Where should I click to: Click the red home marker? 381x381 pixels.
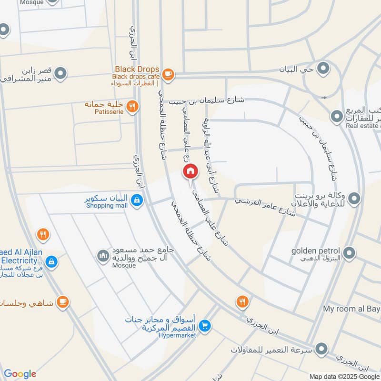[190, 170]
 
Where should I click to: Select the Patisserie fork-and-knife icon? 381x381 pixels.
[133, 107]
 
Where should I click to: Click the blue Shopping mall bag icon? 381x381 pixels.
[137, 201]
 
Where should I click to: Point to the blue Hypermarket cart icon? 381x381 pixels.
[205, 326]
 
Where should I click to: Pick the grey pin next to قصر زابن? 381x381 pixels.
[60, 73]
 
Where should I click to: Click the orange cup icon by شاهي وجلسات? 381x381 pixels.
[62, 302]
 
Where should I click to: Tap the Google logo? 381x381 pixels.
[20, 374]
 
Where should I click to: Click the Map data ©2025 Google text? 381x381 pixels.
[344, 376]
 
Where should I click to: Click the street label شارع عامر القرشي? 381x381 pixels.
[265, 207]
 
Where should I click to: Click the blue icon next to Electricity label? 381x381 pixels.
[52, 261]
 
